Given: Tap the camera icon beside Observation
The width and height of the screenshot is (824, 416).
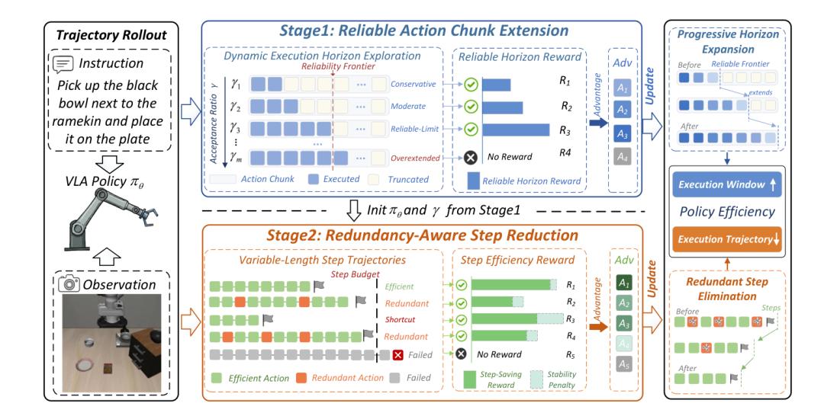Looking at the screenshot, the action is [69, 284].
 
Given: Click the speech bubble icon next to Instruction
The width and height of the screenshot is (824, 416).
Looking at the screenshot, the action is [63, 63].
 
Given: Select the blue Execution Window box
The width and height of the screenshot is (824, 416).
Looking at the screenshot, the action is [727, 184].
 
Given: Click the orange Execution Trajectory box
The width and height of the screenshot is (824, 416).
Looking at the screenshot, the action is [727, 239].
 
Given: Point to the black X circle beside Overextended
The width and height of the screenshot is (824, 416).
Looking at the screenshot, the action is [471, 157].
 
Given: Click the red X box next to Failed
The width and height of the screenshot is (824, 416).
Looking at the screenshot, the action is [398, 355].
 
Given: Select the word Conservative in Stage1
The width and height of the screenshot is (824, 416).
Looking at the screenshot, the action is [413, 84].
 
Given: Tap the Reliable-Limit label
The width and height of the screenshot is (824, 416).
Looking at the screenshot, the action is [414, 129].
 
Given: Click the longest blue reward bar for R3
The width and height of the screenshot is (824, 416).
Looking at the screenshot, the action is [516, 130].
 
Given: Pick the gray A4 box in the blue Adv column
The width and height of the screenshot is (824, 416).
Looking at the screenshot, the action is [623, 156].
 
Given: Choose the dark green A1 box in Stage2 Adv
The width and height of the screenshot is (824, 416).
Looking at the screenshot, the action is [624, 283].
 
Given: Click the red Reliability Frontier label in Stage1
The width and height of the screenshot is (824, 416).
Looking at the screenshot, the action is [338, 66].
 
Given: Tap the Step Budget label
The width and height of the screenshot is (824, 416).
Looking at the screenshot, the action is [355, 274].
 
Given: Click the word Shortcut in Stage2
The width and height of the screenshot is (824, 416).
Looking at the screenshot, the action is [400, 319].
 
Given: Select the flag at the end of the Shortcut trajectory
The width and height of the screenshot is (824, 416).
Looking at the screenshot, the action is [268, 319].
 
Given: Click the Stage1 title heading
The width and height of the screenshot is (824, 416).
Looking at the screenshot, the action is [423, 30].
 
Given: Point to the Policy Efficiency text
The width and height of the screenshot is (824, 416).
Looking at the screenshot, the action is [727, 212].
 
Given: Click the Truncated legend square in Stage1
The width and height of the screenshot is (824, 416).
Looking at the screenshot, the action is [374, 179].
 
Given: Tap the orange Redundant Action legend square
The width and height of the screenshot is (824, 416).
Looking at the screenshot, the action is [301, 378].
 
